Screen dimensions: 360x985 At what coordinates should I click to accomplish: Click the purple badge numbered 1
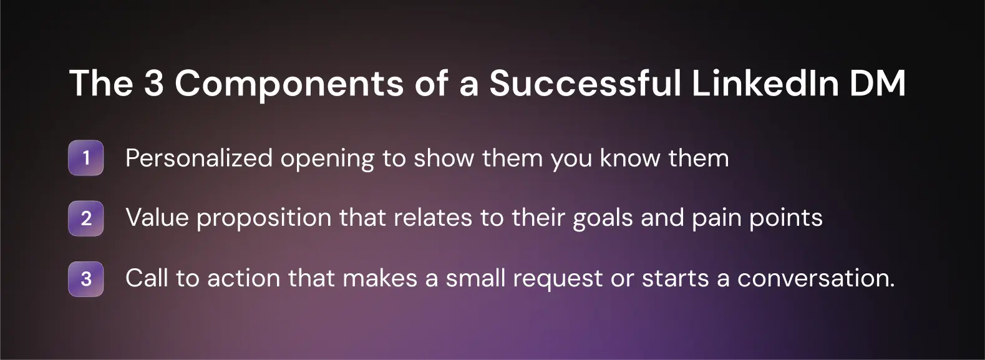coord(85,158)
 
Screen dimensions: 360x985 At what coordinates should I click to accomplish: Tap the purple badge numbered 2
coord(85,218)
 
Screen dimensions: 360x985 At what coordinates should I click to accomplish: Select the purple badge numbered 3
coord(85,278)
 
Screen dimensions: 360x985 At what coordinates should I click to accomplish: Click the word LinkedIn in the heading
coord(764,83)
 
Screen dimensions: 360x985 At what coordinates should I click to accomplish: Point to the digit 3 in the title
coord(153,83)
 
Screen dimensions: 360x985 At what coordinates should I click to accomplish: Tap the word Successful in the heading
coord(585,83)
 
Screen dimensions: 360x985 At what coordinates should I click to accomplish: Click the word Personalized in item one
coord(198,158)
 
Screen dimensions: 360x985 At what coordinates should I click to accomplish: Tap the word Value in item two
coord(157,218)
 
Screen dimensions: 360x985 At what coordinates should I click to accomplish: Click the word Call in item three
coord(147,278)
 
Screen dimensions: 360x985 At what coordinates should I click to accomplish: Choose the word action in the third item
coord(243,278)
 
